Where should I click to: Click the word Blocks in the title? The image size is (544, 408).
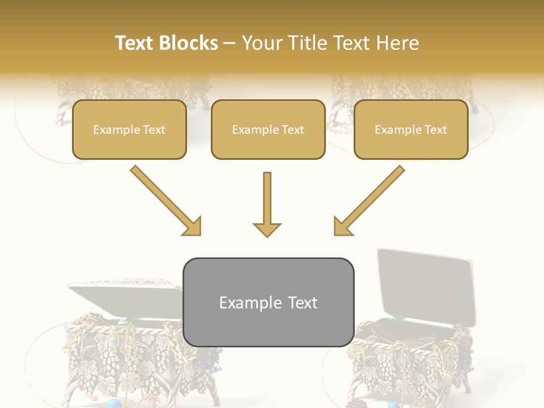tap(190, 43)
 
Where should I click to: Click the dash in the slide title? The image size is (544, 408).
tap(229, 44)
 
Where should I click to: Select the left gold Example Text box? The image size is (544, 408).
tap(129, 130)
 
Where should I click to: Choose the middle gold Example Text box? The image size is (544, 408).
tap(268, 130)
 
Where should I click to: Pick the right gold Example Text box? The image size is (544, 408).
tap(411, 130)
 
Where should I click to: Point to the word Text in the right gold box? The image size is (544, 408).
tap(435, 130)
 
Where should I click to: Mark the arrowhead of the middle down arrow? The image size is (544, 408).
tap(267, 229)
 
